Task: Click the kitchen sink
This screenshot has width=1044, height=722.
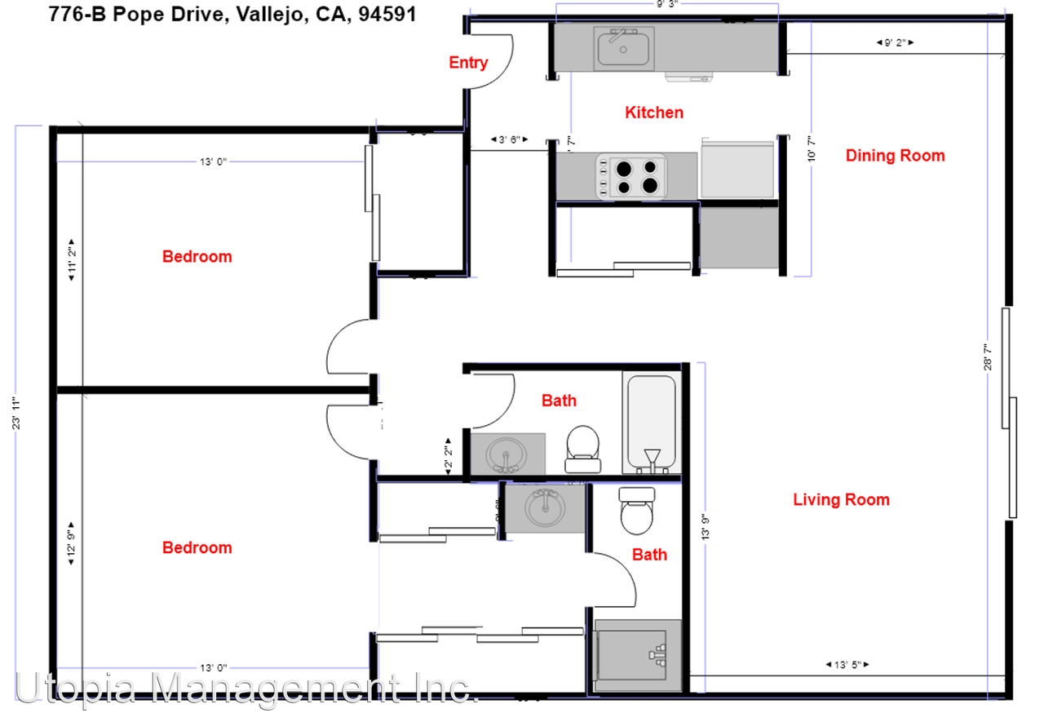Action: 624,47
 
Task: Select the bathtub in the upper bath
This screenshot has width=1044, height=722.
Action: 650,423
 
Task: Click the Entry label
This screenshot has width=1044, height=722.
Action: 468,63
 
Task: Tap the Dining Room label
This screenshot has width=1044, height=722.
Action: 895,155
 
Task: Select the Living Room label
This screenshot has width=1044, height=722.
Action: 841,499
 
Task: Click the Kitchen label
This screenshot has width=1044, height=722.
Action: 653,113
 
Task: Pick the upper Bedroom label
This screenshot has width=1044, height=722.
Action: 197,256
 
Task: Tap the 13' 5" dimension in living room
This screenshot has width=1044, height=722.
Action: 847,665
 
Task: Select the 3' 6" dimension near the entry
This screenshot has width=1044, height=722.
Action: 508,140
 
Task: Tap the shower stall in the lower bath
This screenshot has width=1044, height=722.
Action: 637,655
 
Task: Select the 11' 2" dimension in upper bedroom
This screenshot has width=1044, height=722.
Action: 72,260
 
